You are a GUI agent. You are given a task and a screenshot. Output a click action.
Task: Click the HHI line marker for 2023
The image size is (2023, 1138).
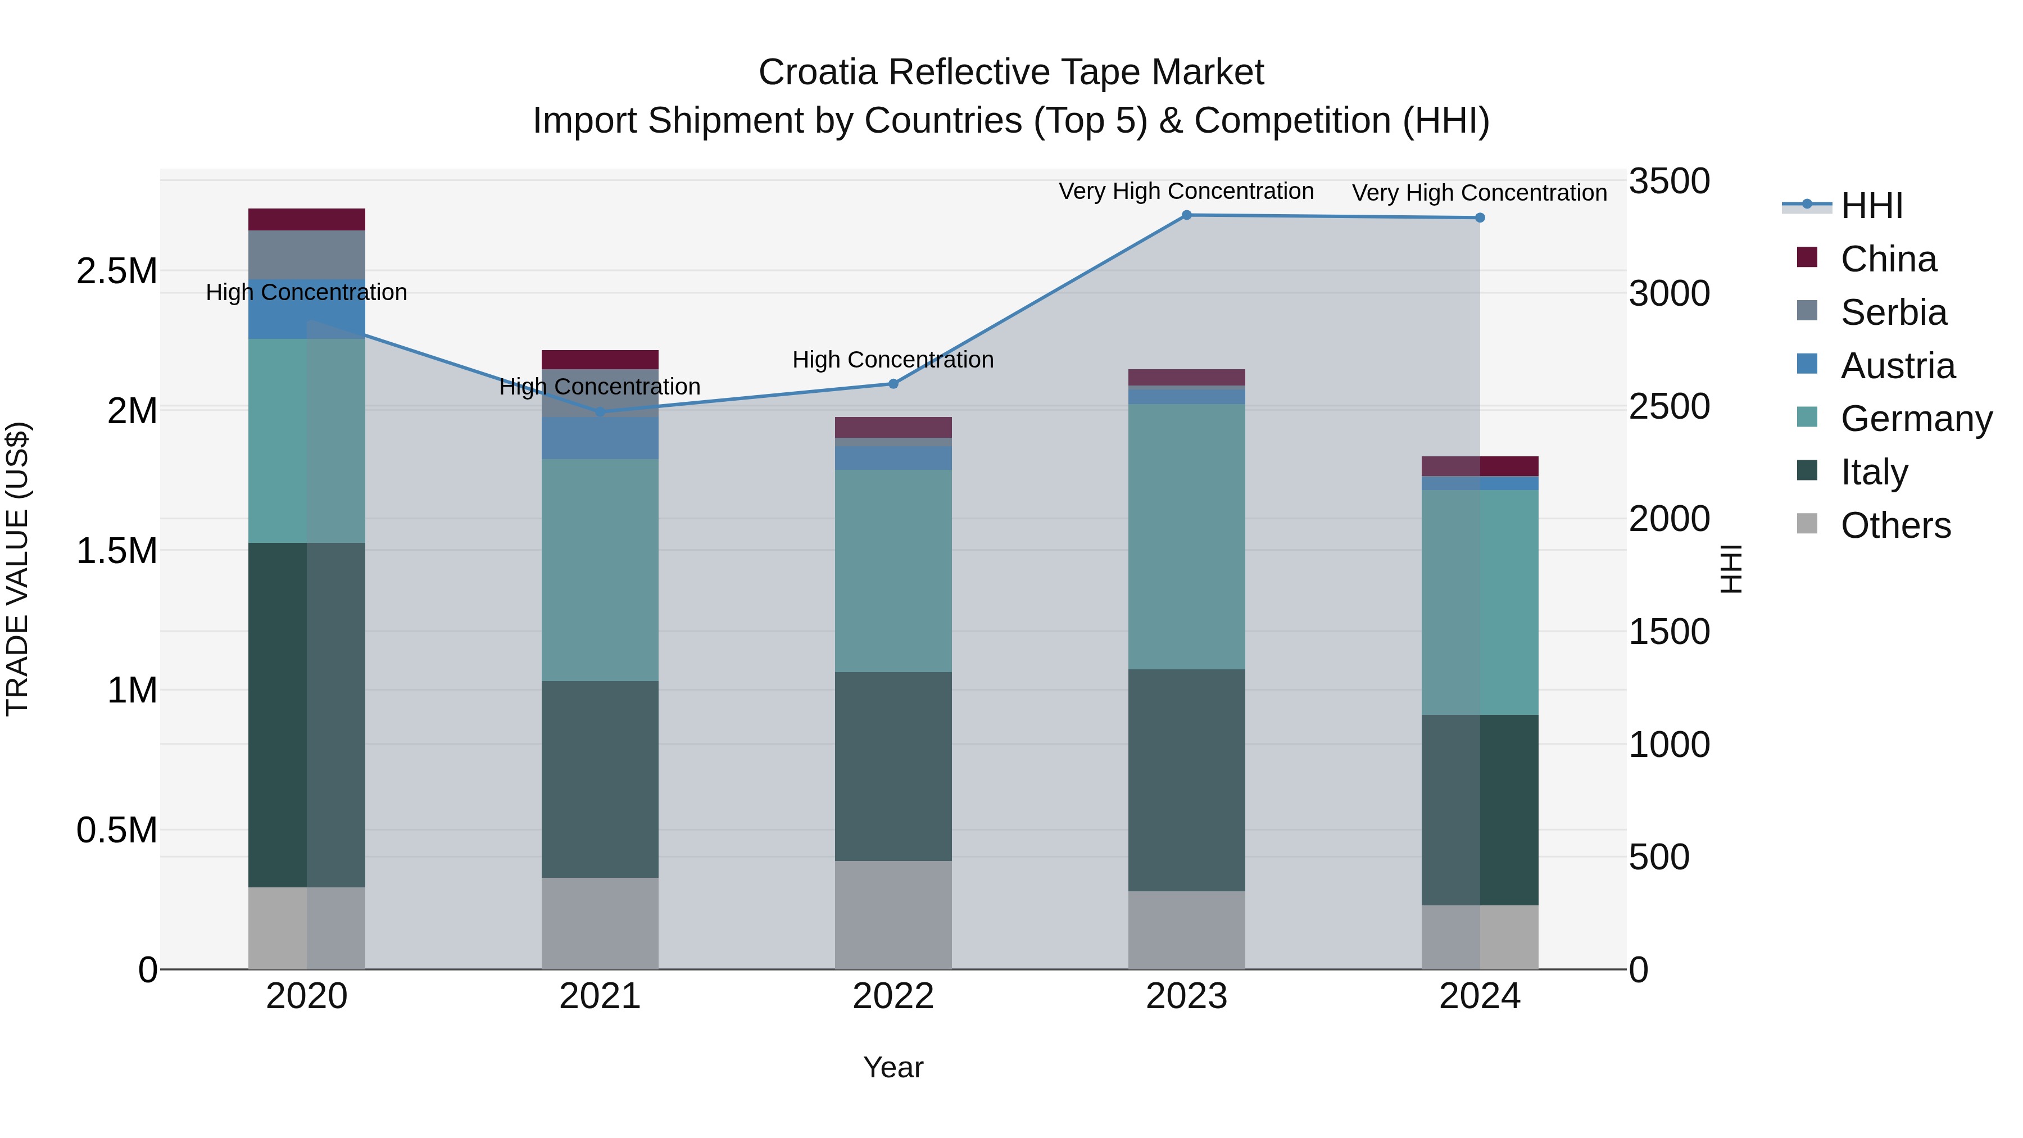pyautogui.click(x=1187, y=215)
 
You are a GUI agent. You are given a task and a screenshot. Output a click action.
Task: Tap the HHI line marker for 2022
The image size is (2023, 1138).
pyautogui.click(x=893, y=384)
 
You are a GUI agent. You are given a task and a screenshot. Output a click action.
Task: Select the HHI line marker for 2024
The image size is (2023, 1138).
pyautogui.click(x=1480, y=217)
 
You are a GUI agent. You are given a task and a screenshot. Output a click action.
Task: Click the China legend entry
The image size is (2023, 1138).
pyautogui.click(x=1888, y=259)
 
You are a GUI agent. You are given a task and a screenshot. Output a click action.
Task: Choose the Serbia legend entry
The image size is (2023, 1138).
pyautogui.click(x=1893, y=312)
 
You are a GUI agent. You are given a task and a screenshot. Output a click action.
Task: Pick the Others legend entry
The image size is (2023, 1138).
pyautogui.click(x=1895, y=525)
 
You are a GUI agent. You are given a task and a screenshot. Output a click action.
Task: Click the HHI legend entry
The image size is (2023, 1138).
pyautogui.click(x=1871, y=206)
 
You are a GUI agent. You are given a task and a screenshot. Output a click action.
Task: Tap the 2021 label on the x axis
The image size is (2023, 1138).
pyautogui.click(x=600, y=996)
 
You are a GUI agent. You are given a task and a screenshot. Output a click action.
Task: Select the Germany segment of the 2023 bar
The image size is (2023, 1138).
pyautogui.click(x=1187, y=537)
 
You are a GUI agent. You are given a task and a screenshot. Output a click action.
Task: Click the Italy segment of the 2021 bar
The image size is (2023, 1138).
pyautogui.click(x=600, y=779)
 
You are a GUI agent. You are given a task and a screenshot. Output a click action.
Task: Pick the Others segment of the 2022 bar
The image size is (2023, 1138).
pyautogui.click(x=893, y=915)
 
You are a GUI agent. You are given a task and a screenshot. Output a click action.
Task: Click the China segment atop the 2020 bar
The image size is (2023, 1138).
pyautogui.click(x=306, y=219)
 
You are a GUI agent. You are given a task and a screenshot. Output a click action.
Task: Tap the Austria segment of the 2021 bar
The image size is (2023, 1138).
pyautogui.click(x=600, y=438)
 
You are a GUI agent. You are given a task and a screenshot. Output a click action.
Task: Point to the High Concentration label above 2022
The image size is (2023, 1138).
pyautogui.click(x=893, y=360)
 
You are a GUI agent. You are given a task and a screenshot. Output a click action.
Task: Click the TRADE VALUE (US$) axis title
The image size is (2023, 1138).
pyautogui.click(x=17, y=569)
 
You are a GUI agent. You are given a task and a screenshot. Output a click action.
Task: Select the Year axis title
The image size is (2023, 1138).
pyautogui.click(x=893, y=1067)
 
